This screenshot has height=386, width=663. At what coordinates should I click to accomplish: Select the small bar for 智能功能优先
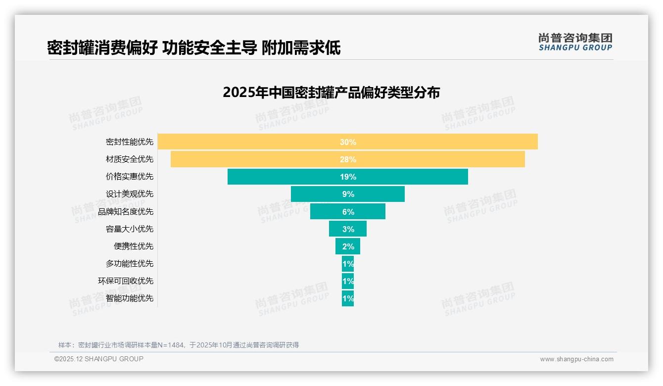(x=344, y=298)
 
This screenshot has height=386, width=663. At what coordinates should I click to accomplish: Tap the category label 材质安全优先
(x=130, y=159)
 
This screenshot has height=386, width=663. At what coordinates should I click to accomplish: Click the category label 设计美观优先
(x=130, y=194)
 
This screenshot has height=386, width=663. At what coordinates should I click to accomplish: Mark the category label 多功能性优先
(x=130, y=264)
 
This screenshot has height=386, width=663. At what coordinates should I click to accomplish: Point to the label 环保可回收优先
(x=126, y=281)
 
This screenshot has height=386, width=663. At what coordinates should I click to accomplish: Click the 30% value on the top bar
(x=348, y=142)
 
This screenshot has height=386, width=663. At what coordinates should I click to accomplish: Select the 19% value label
(x=348, y=177)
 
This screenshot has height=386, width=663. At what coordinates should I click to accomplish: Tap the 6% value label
(x=348, y=212)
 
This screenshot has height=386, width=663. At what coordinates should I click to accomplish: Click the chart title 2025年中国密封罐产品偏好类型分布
(x=331, y=93)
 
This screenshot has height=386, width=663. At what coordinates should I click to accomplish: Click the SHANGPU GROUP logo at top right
(x=575, y=42)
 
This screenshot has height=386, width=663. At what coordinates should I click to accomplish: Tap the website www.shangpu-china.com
(x=576, y=359)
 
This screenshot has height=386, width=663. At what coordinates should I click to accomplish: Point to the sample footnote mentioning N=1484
(x=179, y=345)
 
